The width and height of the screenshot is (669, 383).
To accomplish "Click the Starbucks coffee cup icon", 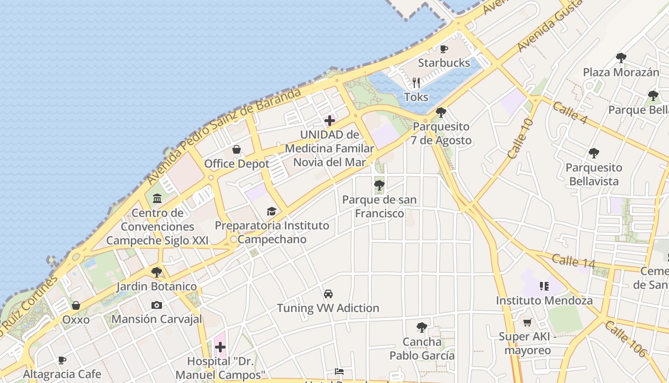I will click(444, 49).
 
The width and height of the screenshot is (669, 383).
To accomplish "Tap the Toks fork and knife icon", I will click(416, 83).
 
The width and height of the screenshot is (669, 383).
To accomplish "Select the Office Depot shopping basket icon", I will click(237, 150).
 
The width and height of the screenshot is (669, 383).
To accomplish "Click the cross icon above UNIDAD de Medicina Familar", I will click(330, 121).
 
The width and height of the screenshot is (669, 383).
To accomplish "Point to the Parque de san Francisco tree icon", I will click(379, 185).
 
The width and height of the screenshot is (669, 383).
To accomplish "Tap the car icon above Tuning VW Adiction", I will click(328, 294).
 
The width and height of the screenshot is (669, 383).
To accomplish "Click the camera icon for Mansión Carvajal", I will click(156, 305).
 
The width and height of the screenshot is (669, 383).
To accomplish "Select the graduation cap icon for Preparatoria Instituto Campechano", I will click(271, 211).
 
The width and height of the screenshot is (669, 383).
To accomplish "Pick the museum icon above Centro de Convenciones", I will click(157, 198).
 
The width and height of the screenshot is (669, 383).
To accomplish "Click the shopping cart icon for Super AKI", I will click(528, 323).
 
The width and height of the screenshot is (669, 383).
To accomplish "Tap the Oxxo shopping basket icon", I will click(76, 305).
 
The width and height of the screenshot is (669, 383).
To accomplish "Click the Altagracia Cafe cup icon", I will click(62, 360).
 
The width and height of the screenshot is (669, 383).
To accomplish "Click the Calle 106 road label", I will click(625, 339).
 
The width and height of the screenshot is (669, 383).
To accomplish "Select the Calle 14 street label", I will click(573, 261).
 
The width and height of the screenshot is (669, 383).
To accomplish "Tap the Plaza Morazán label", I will click(621, 72).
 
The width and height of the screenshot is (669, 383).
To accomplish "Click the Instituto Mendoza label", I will click(544, 301).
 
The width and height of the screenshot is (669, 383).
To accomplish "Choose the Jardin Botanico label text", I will click(156, 287).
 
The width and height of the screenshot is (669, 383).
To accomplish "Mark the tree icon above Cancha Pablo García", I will click(421, 327).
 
